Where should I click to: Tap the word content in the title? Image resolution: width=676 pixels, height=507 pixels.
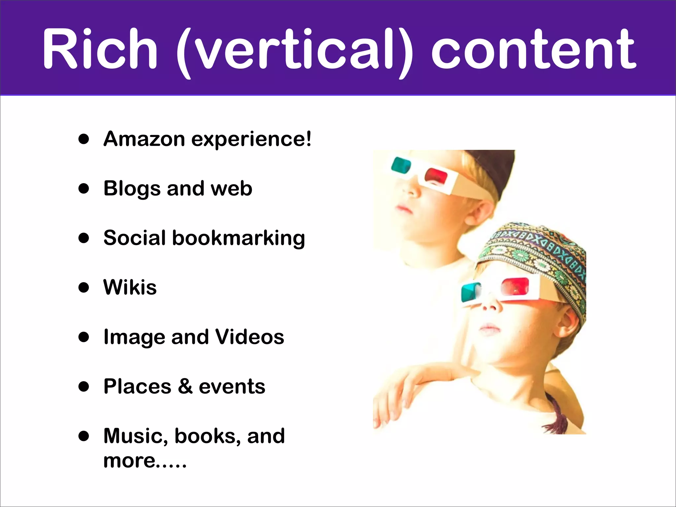pos(533,50)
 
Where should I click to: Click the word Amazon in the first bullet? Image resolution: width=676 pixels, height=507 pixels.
pos(144,139)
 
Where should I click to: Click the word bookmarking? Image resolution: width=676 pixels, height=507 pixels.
pos(238,238)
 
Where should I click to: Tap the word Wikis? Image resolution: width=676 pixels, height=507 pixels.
pos(130,287)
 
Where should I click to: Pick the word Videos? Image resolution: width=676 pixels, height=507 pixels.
pos(250,337)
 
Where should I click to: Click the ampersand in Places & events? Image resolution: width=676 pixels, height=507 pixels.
pos(185,386)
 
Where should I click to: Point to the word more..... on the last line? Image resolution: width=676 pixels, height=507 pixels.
pos(145,461)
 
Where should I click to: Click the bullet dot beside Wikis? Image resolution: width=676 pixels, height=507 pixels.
pos(84,287)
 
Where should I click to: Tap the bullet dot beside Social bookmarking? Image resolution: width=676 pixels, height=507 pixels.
pos(84,238)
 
